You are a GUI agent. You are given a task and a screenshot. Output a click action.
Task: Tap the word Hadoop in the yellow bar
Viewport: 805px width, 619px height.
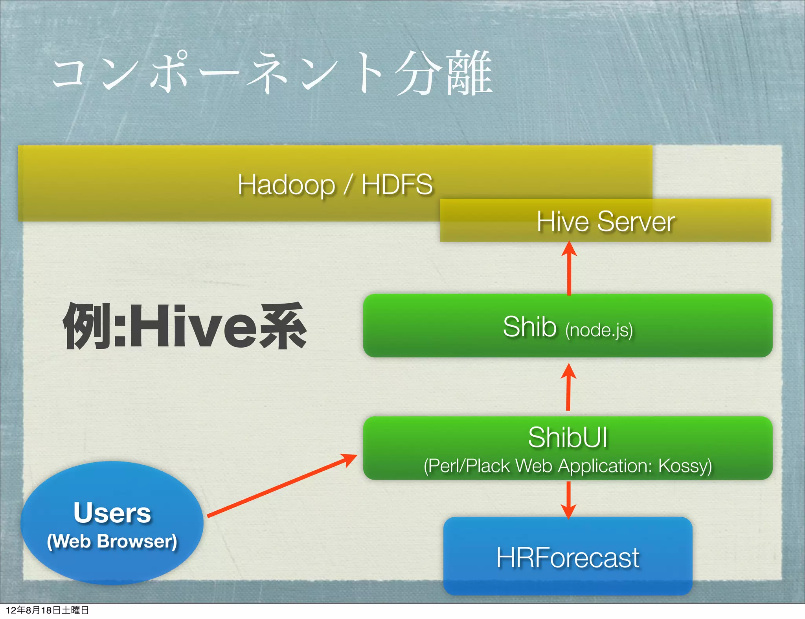(x=286, y=185)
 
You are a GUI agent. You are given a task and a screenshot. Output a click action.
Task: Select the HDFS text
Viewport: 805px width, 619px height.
(x=397, y=185)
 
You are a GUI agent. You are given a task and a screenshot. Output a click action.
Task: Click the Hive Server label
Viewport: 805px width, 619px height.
(x=606, y=222)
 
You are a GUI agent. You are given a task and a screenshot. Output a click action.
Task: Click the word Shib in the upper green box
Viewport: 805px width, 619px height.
(x=529, y=327)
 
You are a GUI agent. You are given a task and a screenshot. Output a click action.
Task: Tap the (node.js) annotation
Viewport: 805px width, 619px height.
(x=599, y=330)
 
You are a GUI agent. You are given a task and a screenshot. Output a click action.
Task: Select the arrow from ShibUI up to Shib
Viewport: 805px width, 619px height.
(x=568, y=389)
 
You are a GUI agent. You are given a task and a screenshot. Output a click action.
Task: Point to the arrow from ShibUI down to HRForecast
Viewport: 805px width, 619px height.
(x=568, y=499)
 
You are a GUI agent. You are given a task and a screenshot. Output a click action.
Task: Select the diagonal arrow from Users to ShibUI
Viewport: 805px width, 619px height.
(x=281, y=486)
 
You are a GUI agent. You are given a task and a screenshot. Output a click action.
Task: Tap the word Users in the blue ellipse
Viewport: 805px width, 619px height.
(x=112, y=513)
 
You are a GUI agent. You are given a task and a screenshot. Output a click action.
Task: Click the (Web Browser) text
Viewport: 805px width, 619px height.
(x=112, y=541)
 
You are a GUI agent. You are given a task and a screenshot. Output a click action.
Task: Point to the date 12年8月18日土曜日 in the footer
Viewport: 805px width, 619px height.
(x=47, y=610)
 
